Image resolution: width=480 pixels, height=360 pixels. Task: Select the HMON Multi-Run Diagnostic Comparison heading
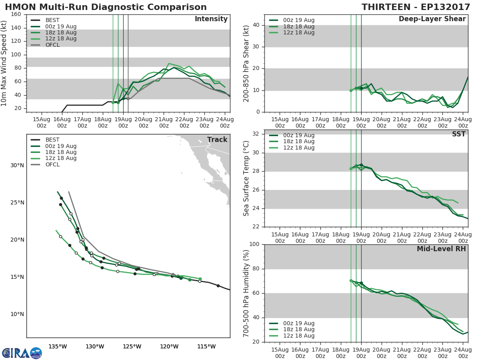click(106, 7)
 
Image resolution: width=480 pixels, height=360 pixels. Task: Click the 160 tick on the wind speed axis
click(16, 14)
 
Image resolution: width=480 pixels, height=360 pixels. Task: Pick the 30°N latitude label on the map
click(17, 166)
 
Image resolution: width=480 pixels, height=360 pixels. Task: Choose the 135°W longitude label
click(58, 346)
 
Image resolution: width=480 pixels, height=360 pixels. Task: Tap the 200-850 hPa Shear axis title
click(247, 63)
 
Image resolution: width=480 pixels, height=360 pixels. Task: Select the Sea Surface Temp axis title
click(247, 178)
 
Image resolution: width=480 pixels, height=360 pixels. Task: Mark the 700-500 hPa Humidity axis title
click(247, 293)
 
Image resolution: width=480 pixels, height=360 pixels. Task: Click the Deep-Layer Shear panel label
click(432, 19)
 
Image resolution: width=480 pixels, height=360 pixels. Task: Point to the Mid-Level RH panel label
click(441, 249)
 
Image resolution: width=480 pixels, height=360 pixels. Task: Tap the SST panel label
click(458, 134)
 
